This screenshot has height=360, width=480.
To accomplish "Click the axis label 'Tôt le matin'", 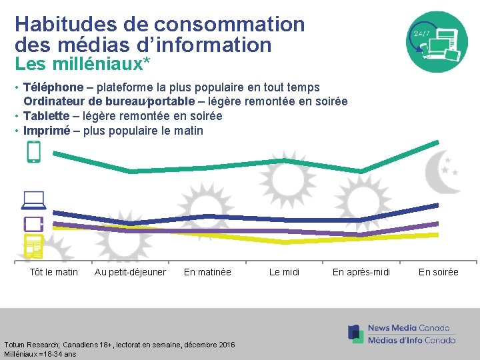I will [54, 272].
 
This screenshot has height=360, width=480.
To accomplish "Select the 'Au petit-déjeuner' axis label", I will [130, 272].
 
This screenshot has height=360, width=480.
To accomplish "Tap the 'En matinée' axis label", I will [207, 272].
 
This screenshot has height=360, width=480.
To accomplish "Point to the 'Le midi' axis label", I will [284, 272].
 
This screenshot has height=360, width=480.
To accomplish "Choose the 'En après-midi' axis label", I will [361, 272].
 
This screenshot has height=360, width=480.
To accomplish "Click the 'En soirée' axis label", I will [438, 272].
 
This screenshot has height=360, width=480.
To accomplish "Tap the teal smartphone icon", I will [33, 152].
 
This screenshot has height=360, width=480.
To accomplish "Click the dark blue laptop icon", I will [33, 199].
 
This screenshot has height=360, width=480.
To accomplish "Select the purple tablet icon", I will [33, 223].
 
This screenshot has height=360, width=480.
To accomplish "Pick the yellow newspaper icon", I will [33, 246].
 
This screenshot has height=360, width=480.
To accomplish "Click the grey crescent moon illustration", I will [442, 171].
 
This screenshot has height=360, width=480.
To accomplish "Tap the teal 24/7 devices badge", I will [437, 42].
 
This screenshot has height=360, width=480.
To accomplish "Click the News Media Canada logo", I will [402, 334].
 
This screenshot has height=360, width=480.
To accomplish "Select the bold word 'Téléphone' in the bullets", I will [53, 87].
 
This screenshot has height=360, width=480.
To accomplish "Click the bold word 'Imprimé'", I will [47, 131].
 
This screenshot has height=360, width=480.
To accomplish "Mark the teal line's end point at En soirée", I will [438, 142].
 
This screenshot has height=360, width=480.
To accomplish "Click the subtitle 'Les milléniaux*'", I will [82, 65].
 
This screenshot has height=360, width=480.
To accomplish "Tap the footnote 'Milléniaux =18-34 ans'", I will [40, 354].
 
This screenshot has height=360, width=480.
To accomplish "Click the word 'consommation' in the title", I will [229, 25].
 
